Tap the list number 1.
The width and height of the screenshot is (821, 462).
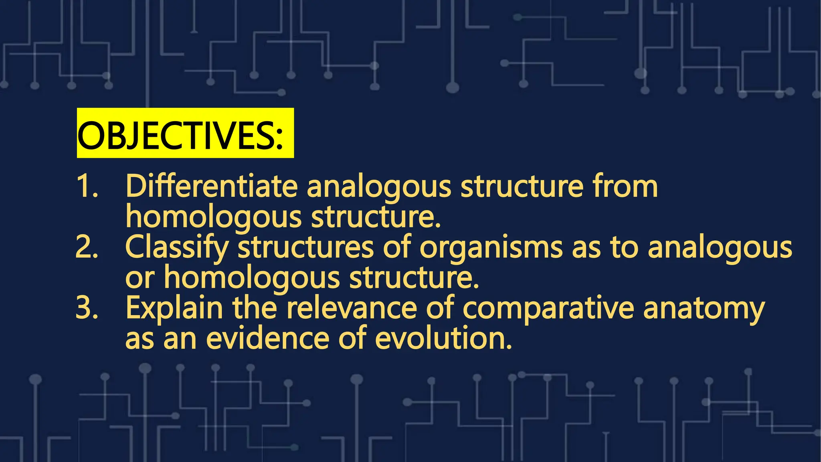pos(87,187)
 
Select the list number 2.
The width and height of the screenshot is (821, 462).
pos(87,248)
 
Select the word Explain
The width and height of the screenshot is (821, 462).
pos(174,308)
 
